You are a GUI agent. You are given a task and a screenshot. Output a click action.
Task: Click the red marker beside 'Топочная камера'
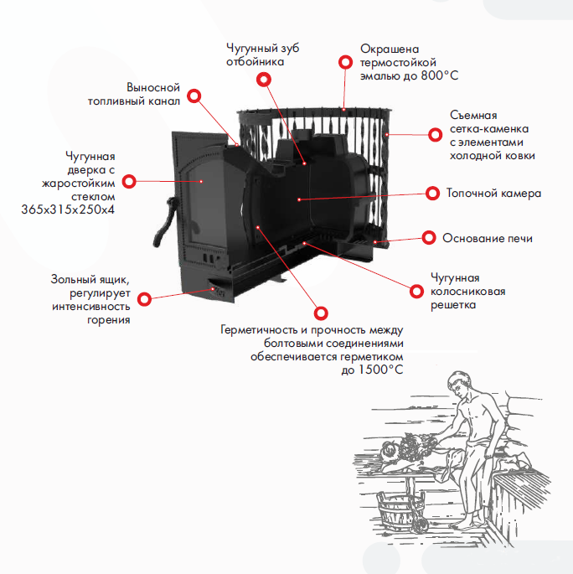coord(432,192)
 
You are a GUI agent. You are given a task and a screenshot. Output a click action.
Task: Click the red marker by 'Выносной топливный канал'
coord(194,96)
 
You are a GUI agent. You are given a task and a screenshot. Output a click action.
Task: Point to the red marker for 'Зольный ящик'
coord(144,297)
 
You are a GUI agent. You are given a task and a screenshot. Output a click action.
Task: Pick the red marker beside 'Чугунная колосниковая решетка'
coord(416,291)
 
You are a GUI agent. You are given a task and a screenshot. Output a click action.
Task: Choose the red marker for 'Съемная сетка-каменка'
coord(434,134)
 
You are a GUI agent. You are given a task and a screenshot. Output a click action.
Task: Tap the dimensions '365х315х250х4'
coord(68,209)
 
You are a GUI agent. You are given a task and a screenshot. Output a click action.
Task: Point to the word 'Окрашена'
coord(388,49)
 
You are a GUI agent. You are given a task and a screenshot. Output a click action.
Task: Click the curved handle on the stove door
coord(165,220)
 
